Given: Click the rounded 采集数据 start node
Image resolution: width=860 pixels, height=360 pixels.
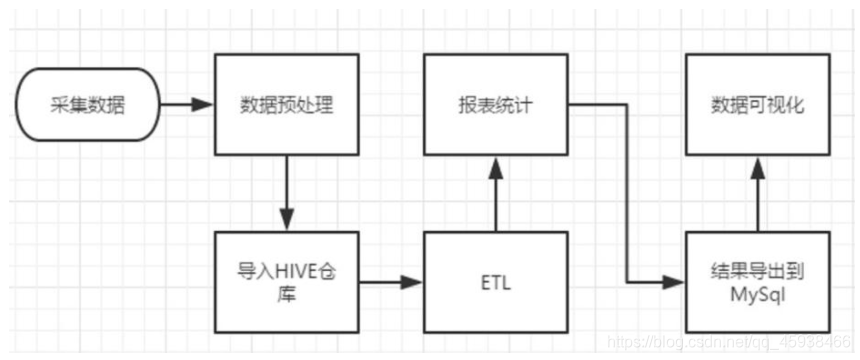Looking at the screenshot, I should tap(88, 104).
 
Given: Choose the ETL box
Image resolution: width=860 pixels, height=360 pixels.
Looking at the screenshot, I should tap(494, 281).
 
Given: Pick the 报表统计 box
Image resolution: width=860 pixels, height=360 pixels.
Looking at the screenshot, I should tap(494, 104).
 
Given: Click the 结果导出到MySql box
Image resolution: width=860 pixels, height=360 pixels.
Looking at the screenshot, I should tap(757, 281).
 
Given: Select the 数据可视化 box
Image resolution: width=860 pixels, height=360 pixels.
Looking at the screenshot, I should tap(757, 104).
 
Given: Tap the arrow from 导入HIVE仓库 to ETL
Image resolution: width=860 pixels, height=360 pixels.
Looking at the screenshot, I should tap(390, 282).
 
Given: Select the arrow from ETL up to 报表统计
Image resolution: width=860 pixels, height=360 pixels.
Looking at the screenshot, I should tap(494, 195).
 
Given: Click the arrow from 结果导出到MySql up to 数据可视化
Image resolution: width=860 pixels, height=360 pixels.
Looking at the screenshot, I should tap(757, 195).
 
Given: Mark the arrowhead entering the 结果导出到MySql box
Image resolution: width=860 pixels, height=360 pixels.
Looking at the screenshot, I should tap(678, 282).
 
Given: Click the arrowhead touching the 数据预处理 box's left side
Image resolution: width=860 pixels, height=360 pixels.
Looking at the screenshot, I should tap(208, 104).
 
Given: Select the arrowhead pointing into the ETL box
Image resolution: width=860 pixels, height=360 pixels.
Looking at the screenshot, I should tap(414, 282).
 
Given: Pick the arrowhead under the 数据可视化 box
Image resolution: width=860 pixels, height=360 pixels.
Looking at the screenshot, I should tap(757, 164).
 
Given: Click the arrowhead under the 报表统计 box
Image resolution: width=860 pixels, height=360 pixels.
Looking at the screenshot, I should tap(494, 164).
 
